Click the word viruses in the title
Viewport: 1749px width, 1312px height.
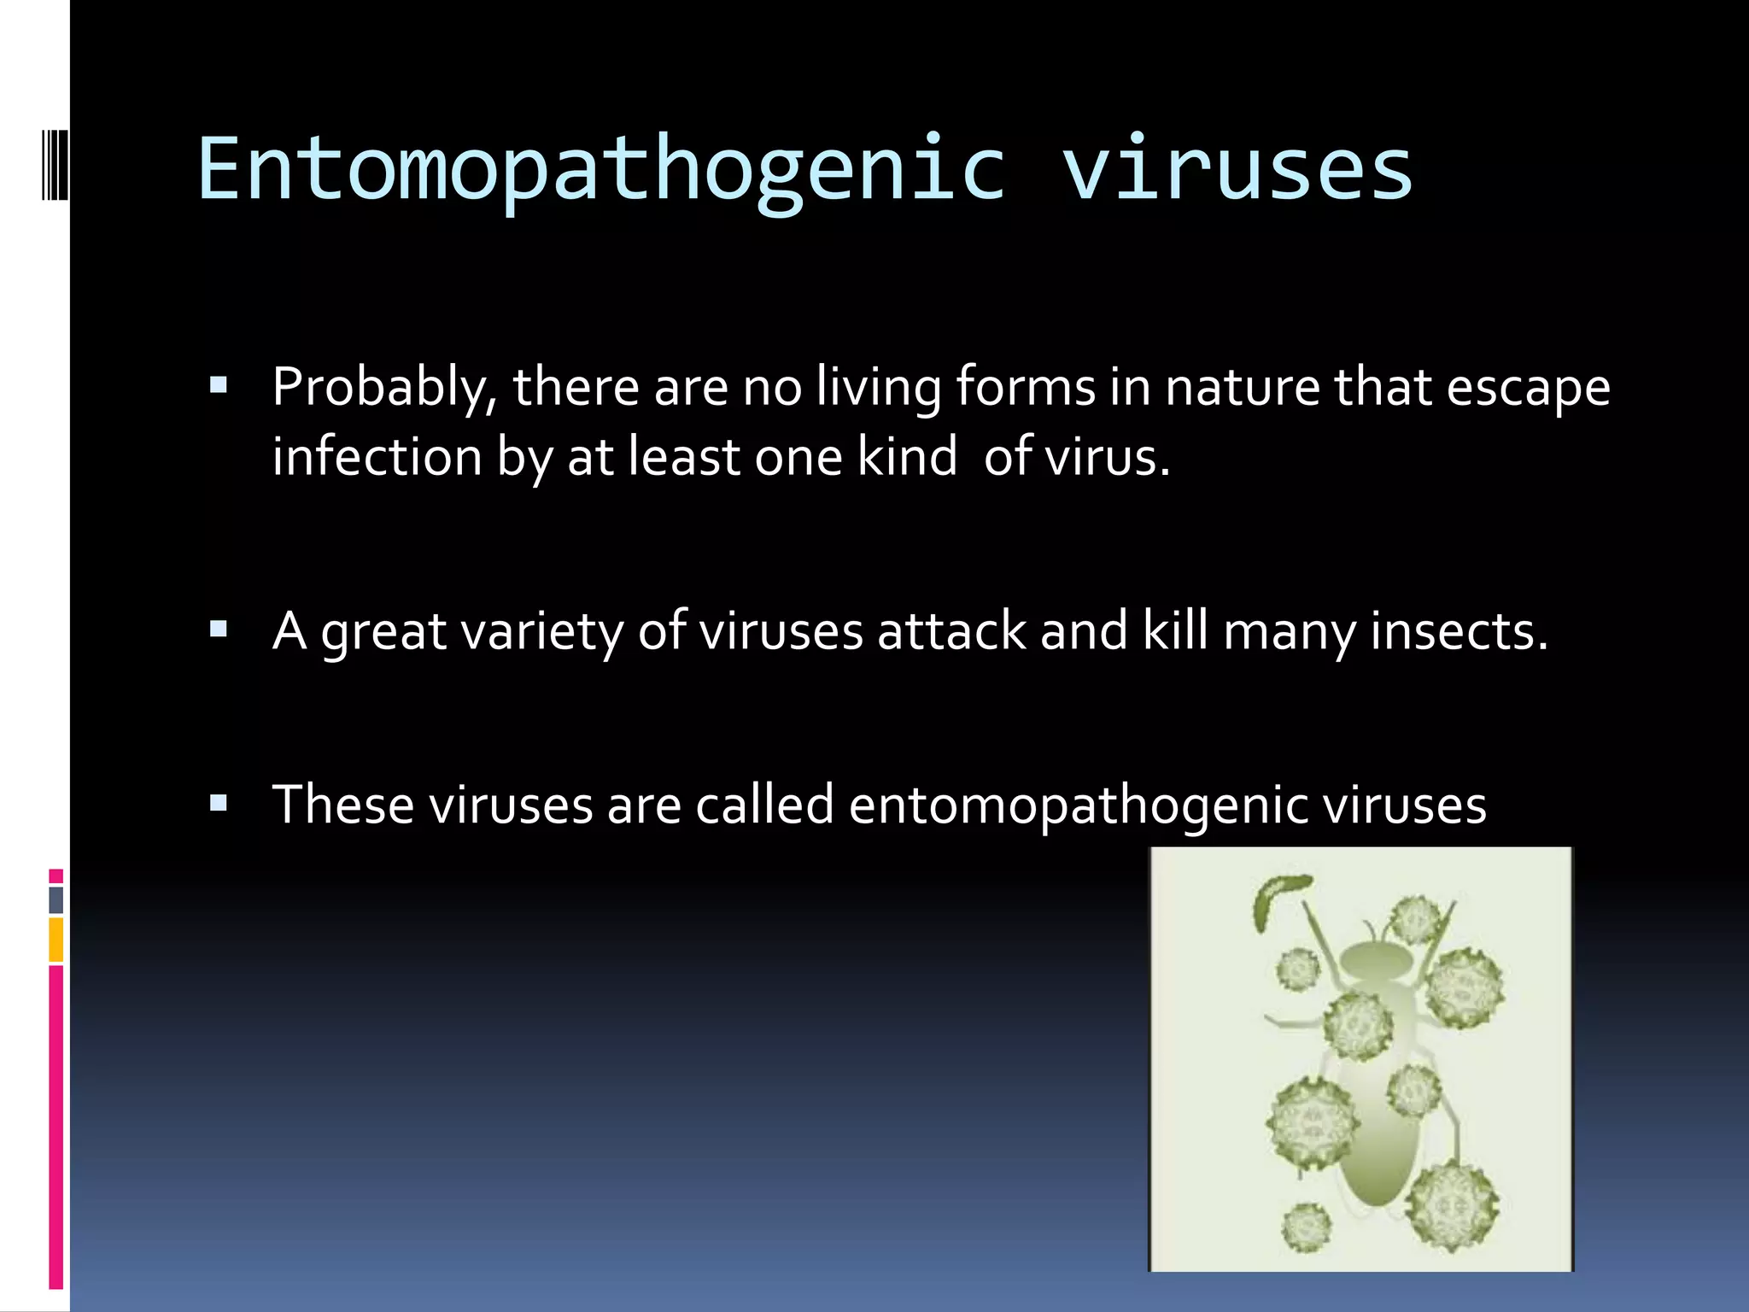(x=1237, y=171)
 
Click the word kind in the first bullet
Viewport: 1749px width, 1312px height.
(x=907, y=457)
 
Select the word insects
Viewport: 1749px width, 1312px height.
(x=1459, y=632)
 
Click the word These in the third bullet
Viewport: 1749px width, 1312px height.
(x=342, y=805)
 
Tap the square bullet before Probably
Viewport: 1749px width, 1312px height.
(x=219, y=385)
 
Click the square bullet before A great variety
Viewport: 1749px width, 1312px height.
(x=219, y=630)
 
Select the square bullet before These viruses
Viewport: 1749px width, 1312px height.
(x=219, y=803)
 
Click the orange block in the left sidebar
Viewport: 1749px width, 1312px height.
(x=56, y=940)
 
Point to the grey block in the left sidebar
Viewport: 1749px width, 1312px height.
(x=56, y=899)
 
